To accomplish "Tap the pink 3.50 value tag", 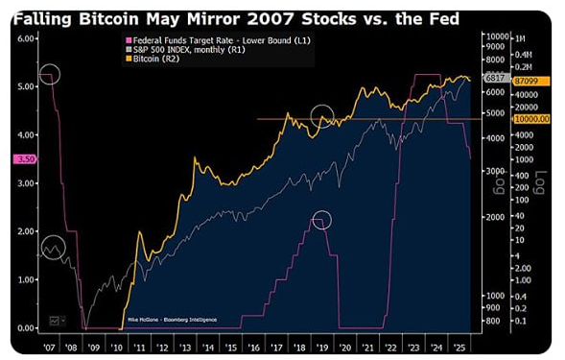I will pos(25,158).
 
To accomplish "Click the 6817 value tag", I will pos(496,77).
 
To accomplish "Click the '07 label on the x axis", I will pos(51,340).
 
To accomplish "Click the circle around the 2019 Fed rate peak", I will pos(321,220).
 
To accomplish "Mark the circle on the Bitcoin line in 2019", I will pos(324,118).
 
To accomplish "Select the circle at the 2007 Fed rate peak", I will pos(50,74).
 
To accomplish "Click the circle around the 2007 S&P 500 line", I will pos(53,249).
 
